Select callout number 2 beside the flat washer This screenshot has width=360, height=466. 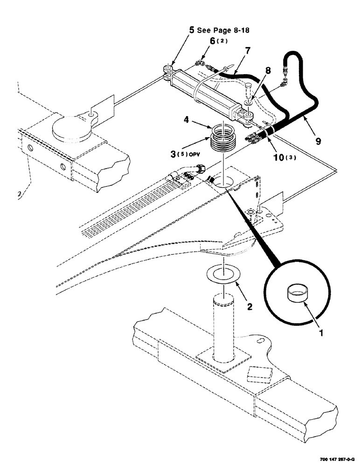pos(249,306)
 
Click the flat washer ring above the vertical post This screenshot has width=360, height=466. pos(222,274)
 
